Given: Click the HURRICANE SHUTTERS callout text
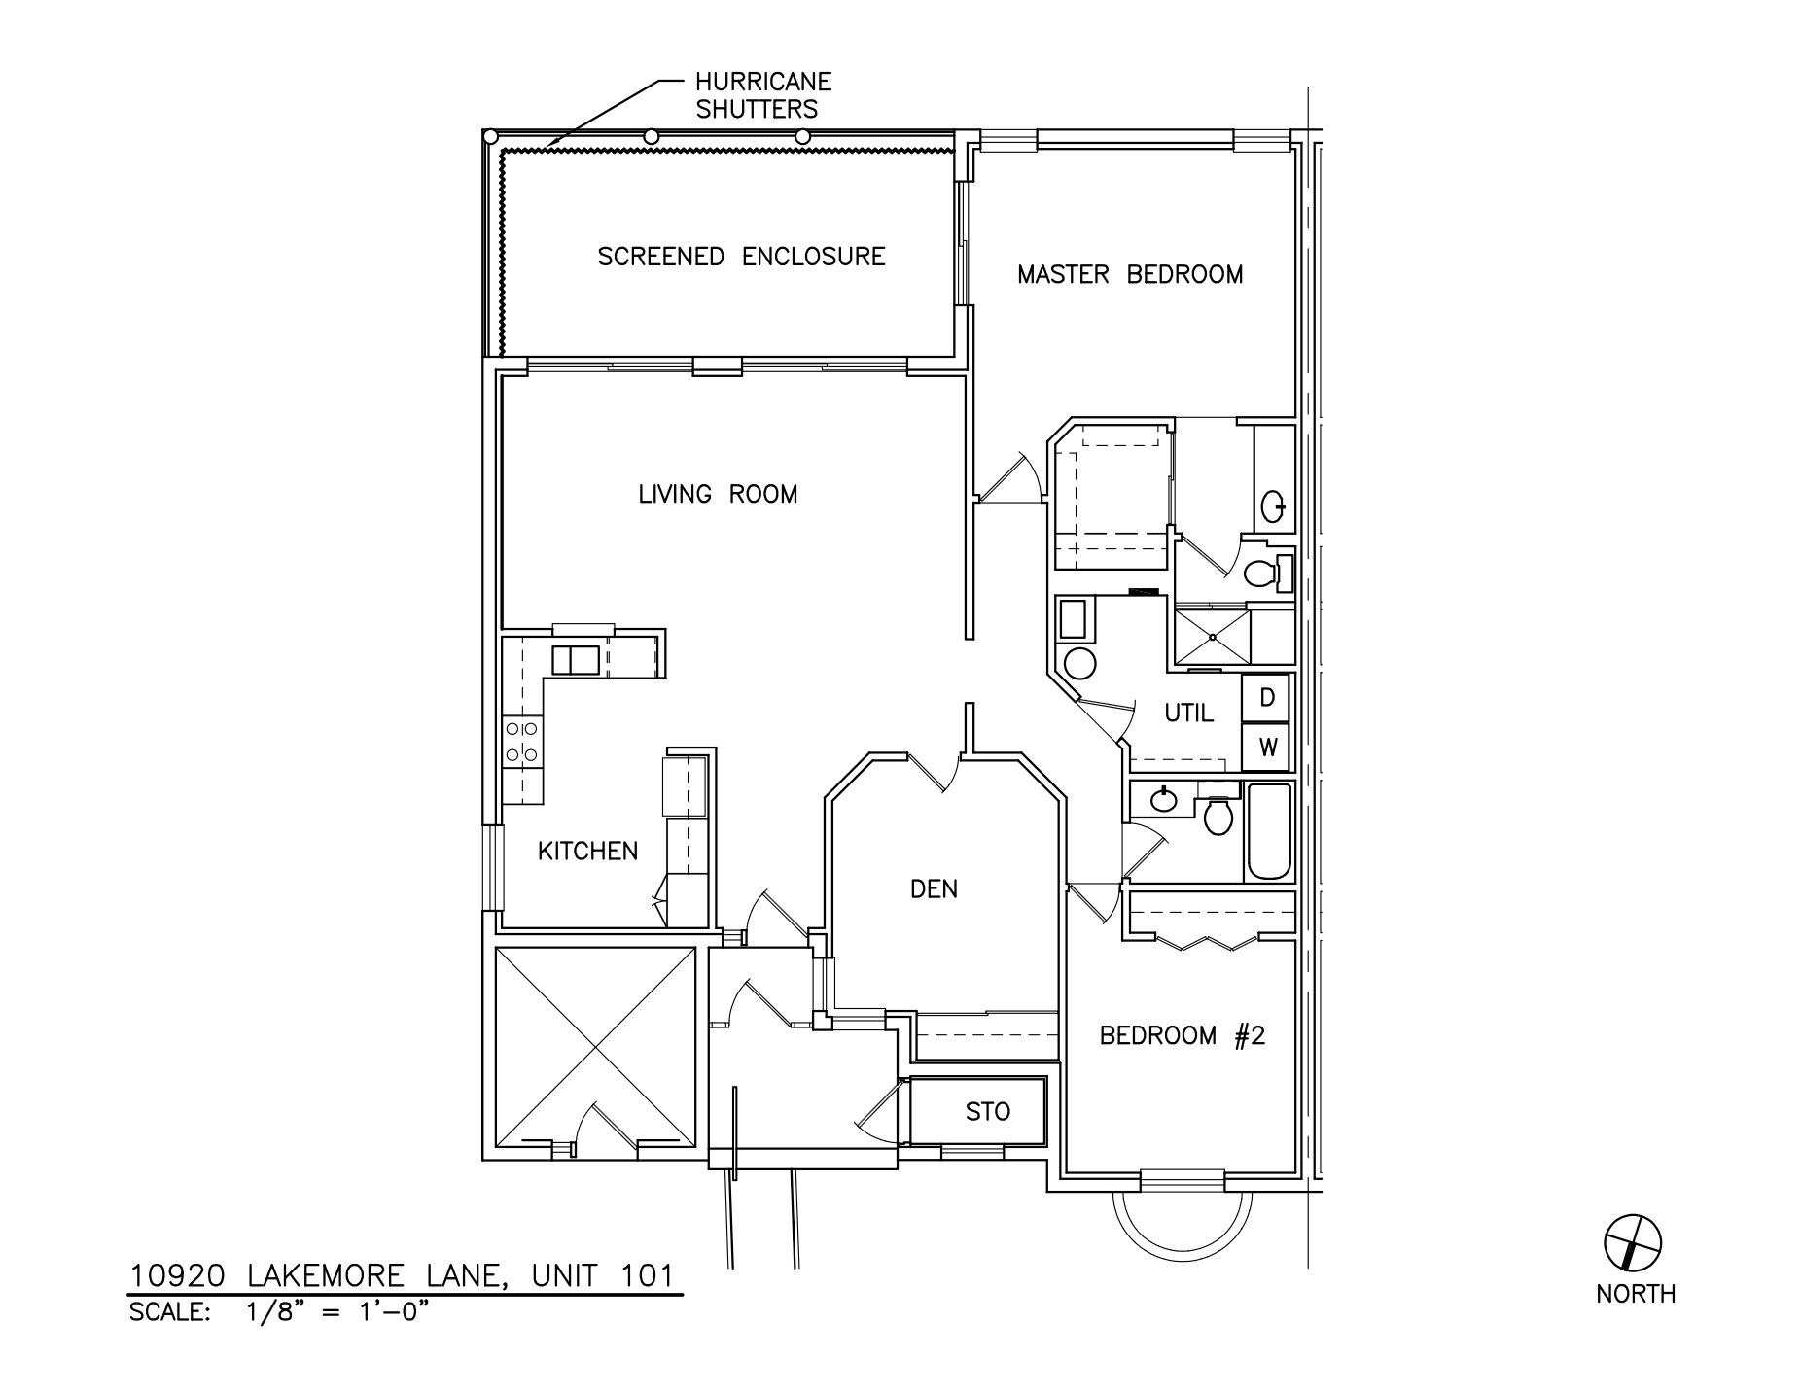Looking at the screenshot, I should click(x=762, y=95).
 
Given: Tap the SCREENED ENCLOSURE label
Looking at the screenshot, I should click(x=741, y=257).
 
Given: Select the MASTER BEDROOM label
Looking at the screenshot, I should click(x=1130, y=275).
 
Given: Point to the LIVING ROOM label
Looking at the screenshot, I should click(x=718, y=495).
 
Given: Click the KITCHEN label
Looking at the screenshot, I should click(x=587, y=852).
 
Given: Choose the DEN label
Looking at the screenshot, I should click(x=934, y=888).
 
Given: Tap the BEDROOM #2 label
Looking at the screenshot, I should click(x=1182, y=1036).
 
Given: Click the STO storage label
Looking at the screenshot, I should click(x=987, y=1111).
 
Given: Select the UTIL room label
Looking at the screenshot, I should click(x=1188, y=713).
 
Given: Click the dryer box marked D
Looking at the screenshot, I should click(x=1266, y=698).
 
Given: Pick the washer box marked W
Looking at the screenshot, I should click(x=1266, y=748).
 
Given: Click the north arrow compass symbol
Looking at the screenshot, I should click(x=1631, y=1241).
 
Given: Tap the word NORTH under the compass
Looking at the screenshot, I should click(x=1635, y=1294).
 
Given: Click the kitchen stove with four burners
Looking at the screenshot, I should click(x=522, y=741).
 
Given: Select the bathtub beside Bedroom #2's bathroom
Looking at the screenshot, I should click(x=1268, y=831).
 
